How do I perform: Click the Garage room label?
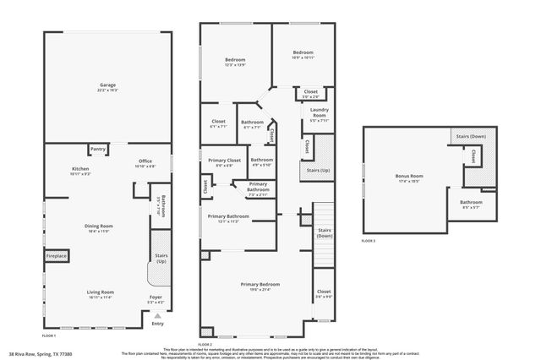107,85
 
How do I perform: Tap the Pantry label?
98,150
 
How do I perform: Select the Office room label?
145,163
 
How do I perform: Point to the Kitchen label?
80,170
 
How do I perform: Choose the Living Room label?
101,293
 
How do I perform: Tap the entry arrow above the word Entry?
156,315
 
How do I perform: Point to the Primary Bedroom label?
260,285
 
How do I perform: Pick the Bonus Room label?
408,177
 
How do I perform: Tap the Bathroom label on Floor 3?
471,203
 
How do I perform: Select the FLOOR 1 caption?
50,335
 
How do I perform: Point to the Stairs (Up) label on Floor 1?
160,259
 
